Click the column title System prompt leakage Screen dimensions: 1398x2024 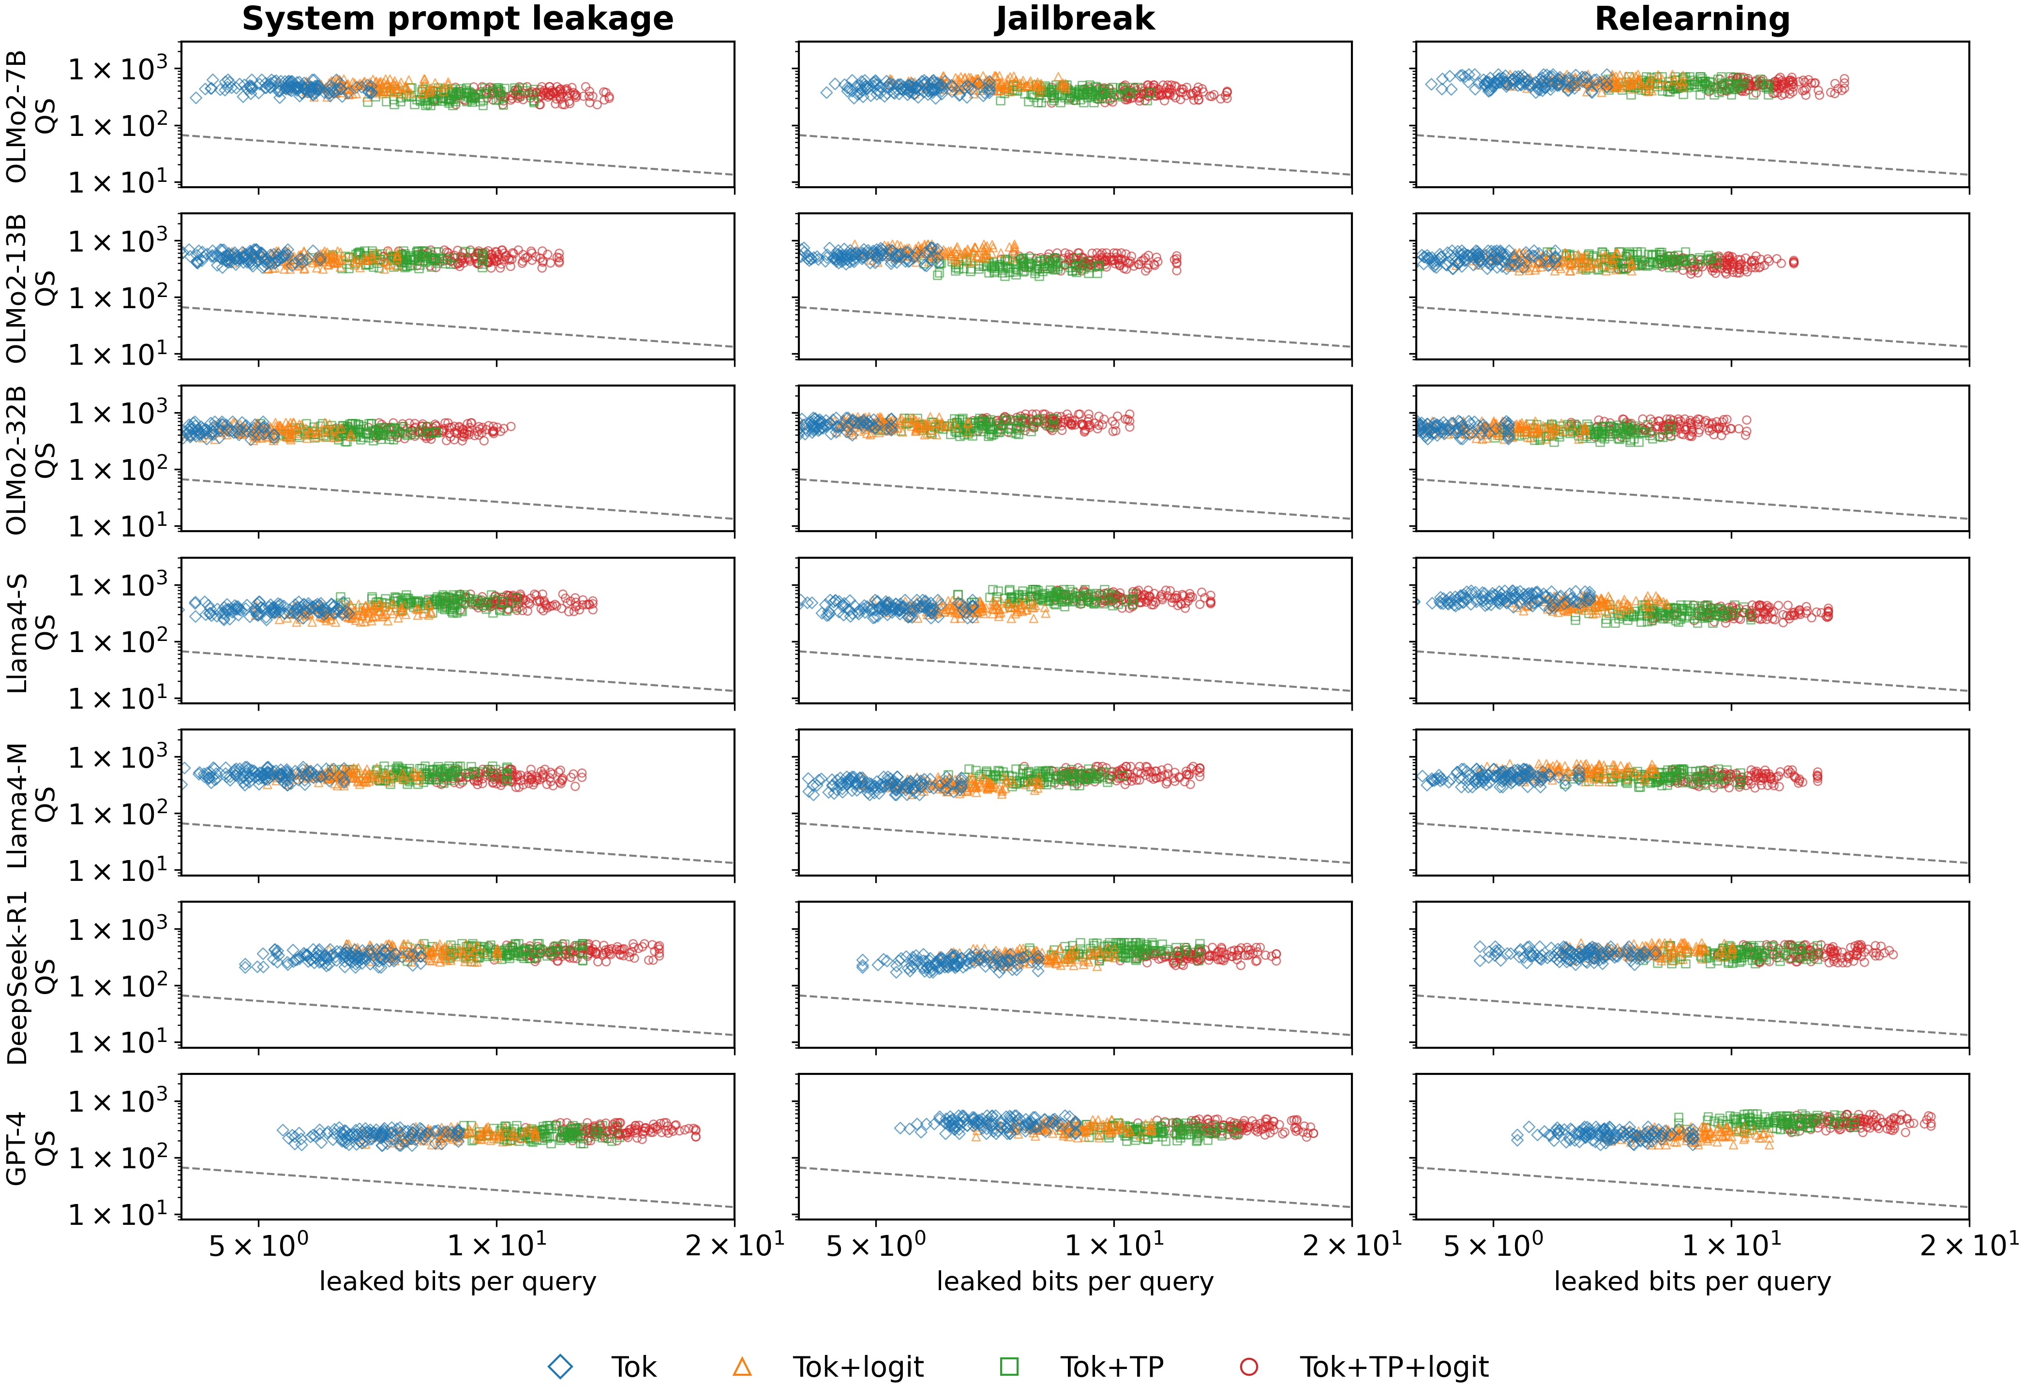coord(457,19)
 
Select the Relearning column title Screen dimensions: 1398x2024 coord(1692,19)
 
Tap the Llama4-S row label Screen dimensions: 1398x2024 coord(16,632)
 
